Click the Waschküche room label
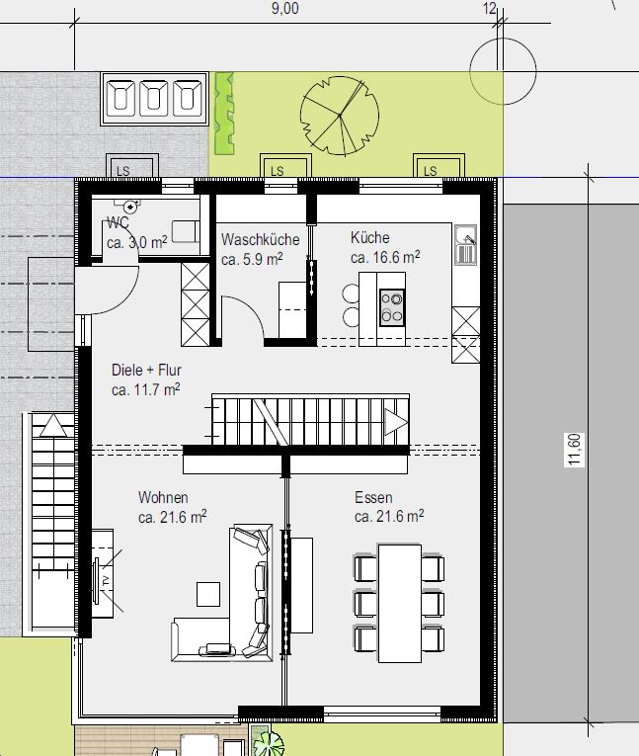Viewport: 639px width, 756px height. point(260,239)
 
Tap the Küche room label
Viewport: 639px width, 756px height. point(369,237)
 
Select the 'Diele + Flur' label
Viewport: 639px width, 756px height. point(146,370)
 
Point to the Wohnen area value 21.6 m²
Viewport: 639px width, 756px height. point(173,517)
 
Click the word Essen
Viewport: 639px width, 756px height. point(373,497)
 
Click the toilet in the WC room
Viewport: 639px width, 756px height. point(130,206)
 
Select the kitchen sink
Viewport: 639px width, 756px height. point(466,244)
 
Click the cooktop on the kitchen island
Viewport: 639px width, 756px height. point(392,308)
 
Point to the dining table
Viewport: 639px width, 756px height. point(399,604)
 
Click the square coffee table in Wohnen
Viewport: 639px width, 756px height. point(208,594)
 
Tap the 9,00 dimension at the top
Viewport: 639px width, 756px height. point(284,9)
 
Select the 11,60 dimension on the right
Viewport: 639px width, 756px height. point(574,450)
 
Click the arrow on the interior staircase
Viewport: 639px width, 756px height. point(396,423)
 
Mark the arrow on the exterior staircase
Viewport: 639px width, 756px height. point(53,425)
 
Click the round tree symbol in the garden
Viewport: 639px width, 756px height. point(340,116)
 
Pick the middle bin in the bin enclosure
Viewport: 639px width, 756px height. point(154,99)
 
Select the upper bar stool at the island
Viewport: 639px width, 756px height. point(351,294)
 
